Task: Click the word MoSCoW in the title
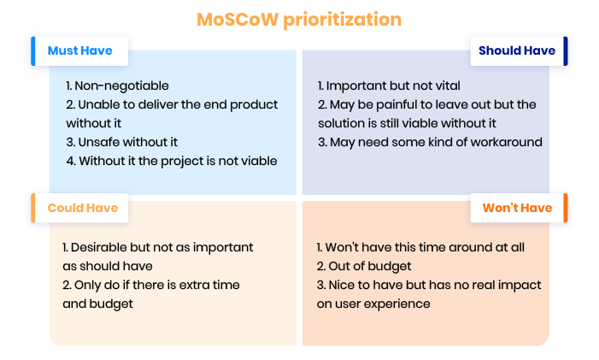coord(238,19)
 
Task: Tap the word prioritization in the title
coord(343,20)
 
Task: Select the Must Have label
coord(79,50)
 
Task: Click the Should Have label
coord(516,50)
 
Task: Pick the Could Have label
coord(83,208)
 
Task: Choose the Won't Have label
coord(517,208)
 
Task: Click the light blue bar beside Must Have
coord(33,51)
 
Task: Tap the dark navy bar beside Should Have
coord(566,51)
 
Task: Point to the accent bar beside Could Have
coord(33,208)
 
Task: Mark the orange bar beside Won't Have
coord(566,208)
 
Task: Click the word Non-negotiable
coord(121,86)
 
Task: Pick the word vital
coord(448,86)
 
